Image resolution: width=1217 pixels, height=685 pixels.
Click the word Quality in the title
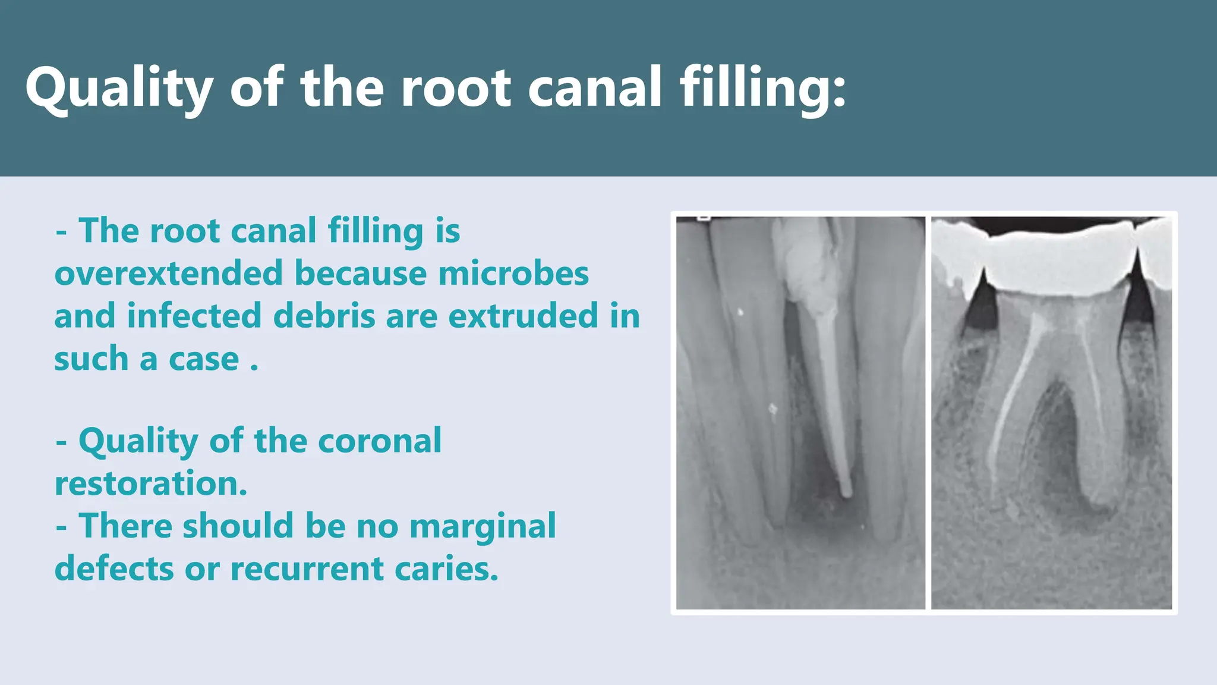119,88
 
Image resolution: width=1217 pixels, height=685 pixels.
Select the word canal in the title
594,88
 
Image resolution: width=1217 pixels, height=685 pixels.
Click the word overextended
168,274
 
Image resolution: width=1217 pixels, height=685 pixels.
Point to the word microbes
513,274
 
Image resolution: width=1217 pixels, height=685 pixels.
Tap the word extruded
523,316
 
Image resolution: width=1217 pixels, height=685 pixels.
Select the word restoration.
150,483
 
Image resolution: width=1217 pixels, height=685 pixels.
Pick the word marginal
483,526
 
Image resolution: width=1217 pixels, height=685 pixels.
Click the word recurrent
307,569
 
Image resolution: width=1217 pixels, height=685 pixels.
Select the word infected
194,316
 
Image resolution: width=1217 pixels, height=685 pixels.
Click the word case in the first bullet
203,359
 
